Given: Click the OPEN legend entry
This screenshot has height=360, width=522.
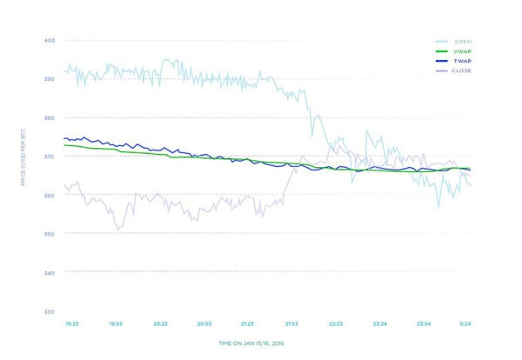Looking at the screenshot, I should point(460,41).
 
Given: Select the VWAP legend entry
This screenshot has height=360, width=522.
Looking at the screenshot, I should point(460,51).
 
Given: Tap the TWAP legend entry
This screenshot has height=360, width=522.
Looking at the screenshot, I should point(460,62).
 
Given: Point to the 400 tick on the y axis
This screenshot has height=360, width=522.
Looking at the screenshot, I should point(50,40).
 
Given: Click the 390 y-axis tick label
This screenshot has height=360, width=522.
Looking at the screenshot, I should point(50,79).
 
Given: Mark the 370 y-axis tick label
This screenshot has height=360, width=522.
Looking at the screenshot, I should point(50,157).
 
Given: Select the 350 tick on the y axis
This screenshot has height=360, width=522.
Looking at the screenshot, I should point(50,234).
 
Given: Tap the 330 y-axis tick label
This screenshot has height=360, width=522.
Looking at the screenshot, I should point(50,311).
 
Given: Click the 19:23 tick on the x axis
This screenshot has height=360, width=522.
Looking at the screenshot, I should point(72,323).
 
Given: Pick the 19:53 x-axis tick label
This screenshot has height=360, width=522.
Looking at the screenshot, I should point(116,323).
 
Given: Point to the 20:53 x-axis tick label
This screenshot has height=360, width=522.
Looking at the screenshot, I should point(204,323).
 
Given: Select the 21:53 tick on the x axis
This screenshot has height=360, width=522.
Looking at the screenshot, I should point(291,323).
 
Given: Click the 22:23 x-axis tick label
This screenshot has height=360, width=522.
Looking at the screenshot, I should point(336,323).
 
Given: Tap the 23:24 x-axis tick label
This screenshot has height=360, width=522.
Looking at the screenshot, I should point(380,323).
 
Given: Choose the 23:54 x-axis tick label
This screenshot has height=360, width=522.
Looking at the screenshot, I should point(424,323).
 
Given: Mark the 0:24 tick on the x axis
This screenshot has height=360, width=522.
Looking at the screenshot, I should point(465,323).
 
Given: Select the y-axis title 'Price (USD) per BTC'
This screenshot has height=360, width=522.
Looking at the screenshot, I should point(24,157).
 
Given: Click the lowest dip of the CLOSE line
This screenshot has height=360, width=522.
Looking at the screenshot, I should point(117,229).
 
